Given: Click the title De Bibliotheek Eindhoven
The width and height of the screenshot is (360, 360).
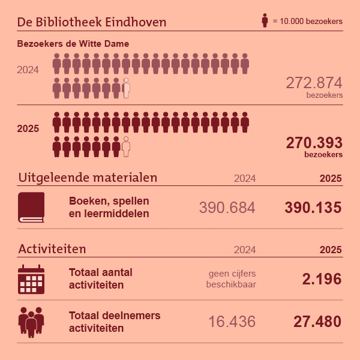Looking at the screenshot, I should (92, 22).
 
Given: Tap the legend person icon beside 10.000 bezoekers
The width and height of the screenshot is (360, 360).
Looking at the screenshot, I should (265, 20).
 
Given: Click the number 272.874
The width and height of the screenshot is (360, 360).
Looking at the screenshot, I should (314, 83).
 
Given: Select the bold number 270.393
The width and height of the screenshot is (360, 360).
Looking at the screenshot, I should (314, 143).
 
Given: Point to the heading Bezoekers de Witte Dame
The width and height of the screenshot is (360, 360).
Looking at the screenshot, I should (73, 44).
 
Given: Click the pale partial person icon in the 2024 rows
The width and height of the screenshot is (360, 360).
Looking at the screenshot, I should (126, 88).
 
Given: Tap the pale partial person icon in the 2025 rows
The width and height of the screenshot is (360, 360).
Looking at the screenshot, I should (126, 146).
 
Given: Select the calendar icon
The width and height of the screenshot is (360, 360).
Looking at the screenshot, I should (31, 279).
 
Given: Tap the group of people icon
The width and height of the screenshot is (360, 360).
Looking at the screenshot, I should (31, 322).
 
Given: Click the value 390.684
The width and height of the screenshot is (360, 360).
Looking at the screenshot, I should (227, 208).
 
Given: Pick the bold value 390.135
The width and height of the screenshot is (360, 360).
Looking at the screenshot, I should (313, 208).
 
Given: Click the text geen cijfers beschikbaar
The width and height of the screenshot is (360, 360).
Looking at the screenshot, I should (231, 279).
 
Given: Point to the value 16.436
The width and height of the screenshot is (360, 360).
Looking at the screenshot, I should (232, 322).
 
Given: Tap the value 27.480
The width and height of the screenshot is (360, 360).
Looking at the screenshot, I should (317, 322).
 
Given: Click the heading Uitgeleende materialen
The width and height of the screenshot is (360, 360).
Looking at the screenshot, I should (88, 178).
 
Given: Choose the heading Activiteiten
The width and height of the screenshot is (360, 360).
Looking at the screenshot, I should (52, 248).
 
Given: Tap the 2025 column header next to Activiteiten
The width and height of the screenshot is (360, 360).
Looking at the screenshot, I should (330, 250).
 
